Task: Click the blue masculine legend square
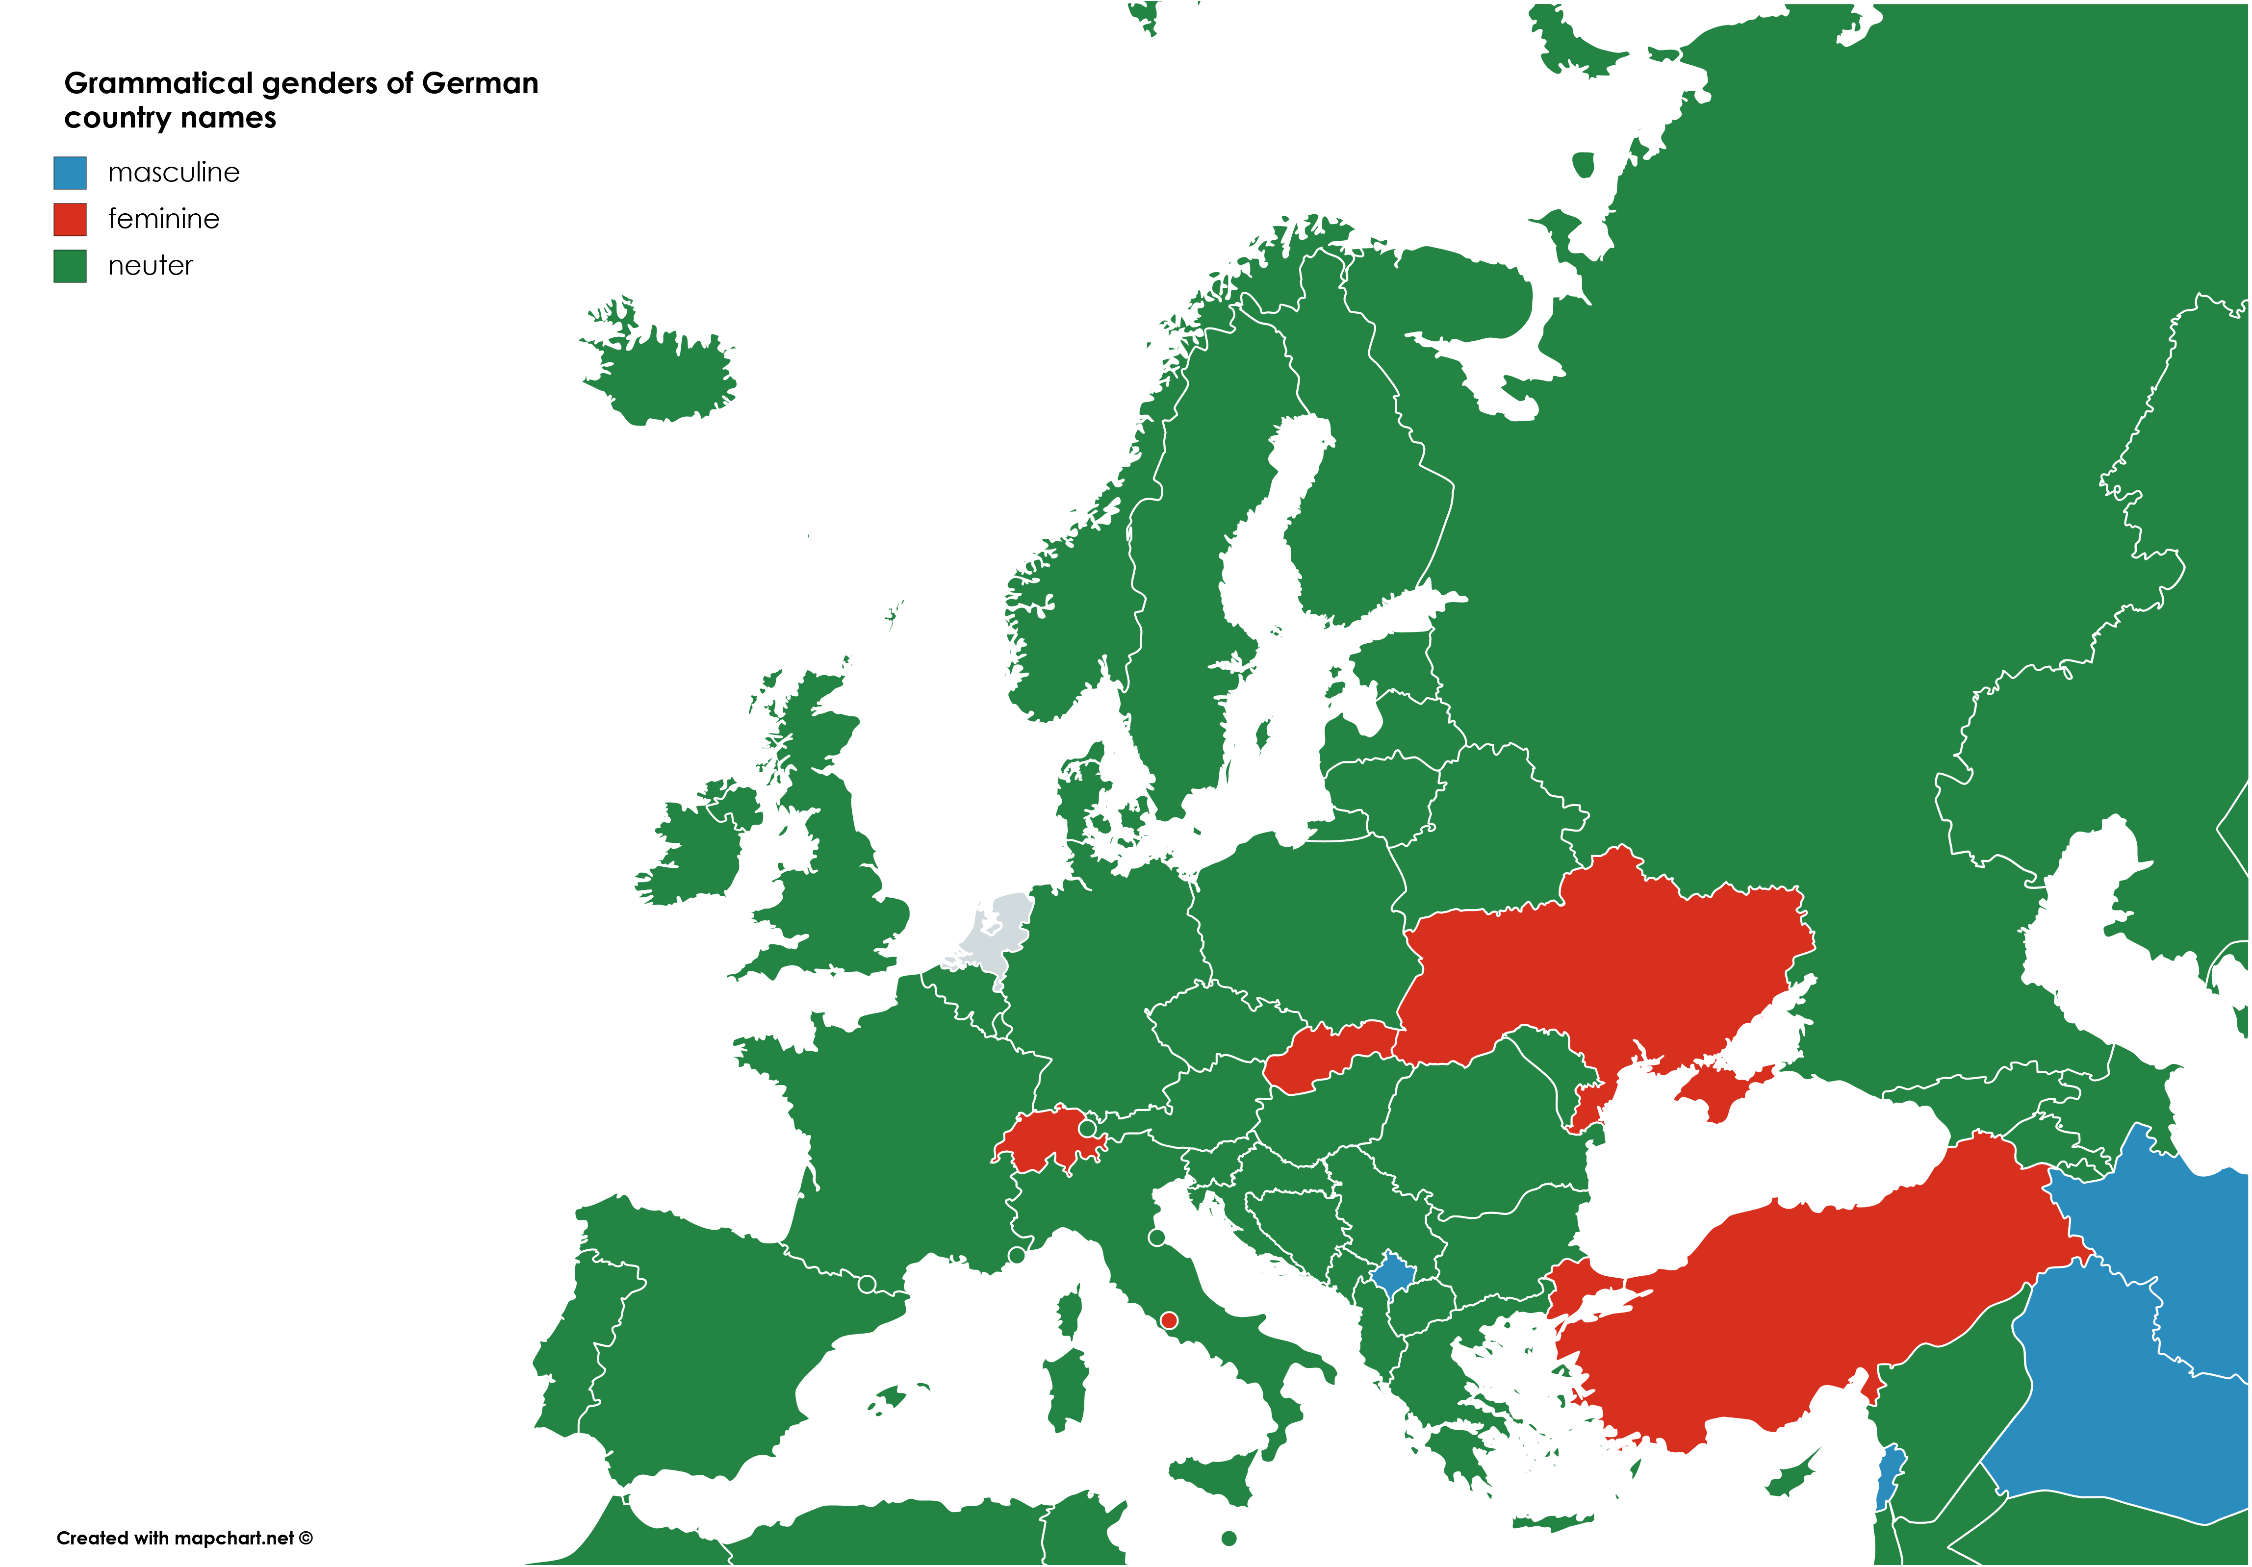[70, 173]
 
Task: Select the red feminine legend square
[70, 219]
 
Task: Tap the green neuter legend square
[70, 266]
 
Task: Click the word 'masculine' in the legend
[174, 173]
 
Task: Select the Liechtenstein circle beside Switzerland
[1087, 1129]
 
